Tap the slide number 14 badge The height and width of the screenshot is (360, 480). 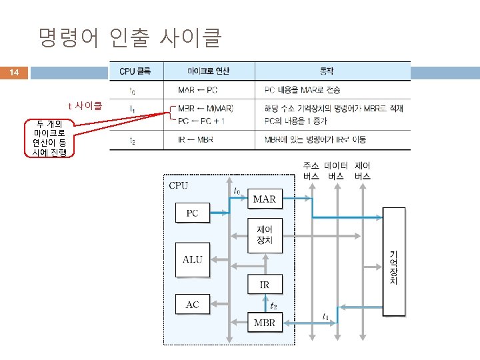point(15,72)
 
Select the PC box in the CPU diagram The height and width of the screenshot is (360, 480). point(192,213)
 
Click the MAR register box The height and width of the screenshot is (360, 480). point(264,199)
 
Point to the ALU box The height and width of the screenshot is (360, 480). point(192,259)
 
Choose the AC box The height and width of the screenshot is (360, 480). point(192,305)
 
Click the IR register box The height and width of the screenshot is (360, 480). point(264,285)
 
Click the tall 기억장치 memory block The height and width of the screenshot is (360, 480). point(393,261)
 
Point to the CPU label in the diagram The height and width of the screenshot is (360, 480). point(179,185)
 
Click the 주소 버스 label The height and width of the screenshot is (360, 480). point(311,171)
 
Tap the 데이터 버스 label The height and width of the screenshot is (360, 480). point(337,171)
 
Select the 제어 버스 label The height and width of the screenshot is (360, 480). point(363,171)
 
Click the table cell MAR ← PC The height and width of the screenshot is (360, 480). point(196,89)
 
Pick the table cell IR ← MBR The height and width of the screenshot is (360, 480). point(196,140)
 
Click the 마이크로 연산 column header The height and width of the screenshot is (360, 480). point(209,70)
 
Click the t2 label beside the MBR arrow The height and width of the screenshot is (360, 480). point(274,307)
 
